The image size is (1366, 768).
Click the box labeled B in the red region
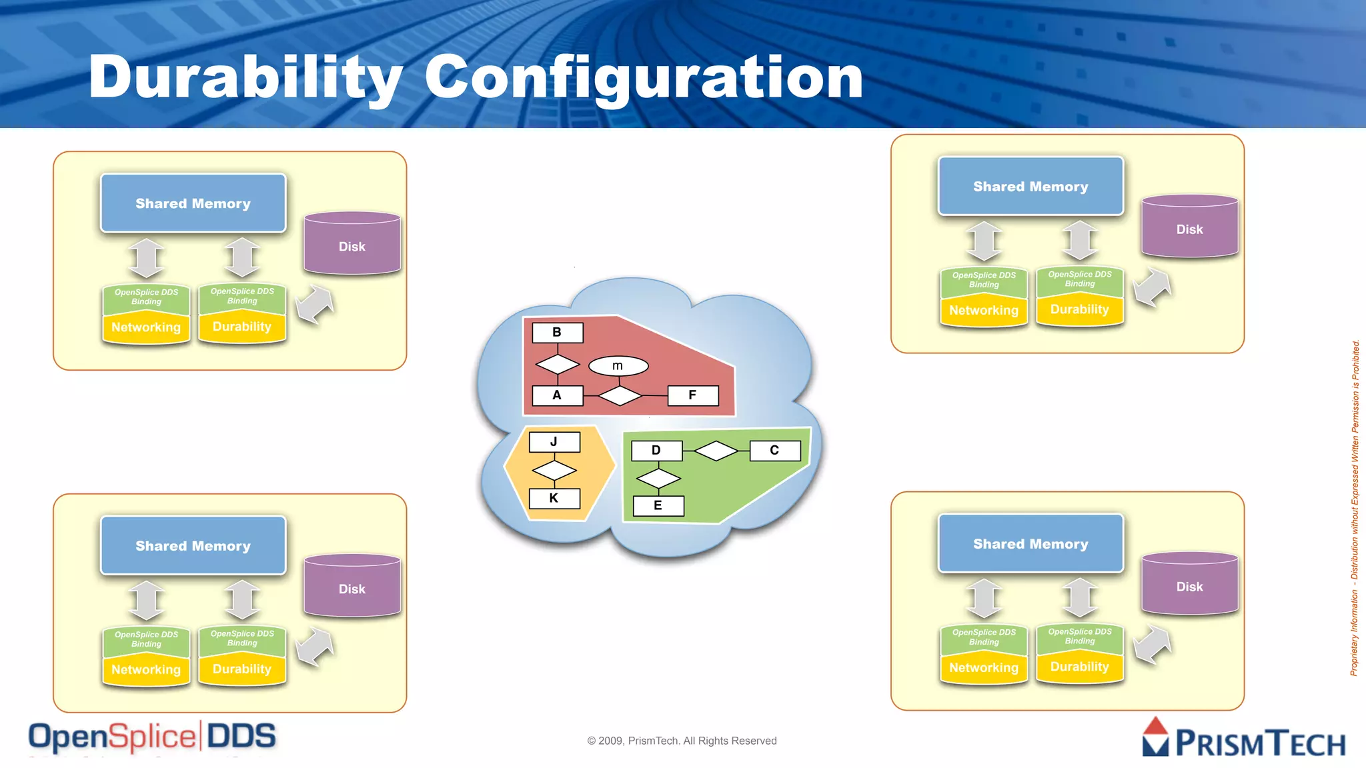coord(558,333)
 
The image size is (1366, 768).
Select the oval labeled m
coord(618,366)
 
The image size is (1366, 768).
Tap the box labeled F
coord(693,395)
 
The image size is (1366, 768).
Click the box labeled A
coord(558,395)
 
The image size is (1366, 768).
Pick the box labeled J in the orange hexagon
coord(554,442)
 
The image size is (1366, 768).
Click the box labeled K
coord(554,498)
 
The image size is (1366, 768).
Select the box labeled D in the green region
coord(656,451)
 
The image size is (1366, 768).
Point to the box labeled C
coord(774,451)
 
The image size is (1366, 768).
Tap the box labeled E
coord(658,505)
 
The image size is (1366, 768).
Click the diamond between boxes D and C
coord(716,451)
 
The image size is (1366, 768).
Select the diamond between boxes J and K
coord(554,471)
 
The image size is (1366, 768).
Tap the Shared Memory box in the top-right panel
coord(1031,187)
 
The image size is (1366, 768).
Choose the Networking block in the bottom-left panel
coord(146,669)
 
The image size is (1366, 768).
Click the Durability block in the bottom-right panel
coord(1079,667)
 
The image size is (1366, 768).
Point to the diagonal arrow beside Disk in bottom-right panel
coord(1152,645)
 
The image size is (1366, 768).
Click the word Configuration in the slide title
coord(644,77)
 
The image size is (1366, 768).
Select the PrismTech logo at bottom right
coord(1244,738)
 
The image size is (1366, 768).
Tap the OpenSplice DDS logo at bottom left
coord(152,737)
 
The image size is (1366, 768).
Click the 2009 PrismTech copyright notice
coord(682,741)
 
